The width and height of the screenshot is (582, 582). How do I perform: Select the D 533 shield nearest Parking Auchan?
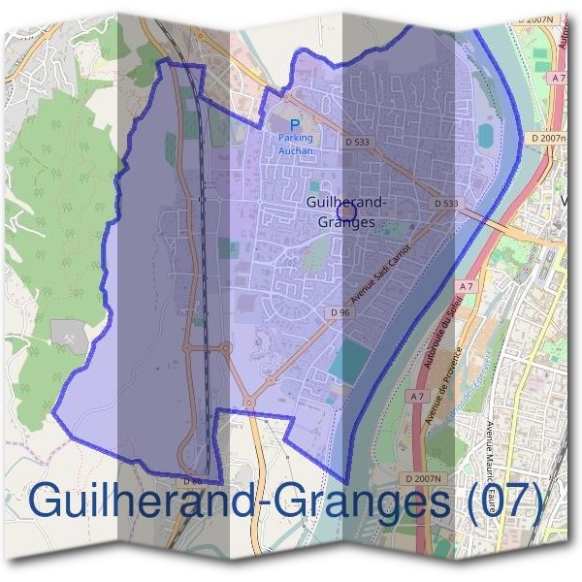[x=358, y=143]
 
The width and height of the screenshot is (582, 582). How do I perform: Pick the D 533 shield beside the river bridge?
[x=446, y=203]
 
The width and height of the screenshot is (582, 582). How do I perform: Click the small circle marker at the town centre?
[x=344, y=210]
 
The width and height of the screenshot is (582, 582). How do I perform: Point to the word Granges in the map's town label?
[x=345, y=222]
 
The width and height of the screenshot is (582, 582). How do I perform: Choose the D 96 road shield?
[x=339, y=312]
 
